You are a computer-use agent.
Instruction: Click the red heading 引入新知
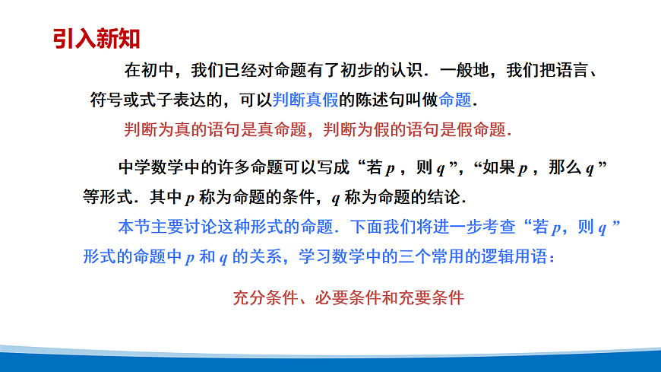96,38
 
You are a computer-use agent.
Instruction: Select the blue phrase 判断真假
305,100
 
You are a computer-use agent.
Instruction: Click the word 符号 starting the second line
100,100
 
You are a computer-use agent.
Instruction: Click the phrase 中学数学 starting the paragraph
151,168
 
